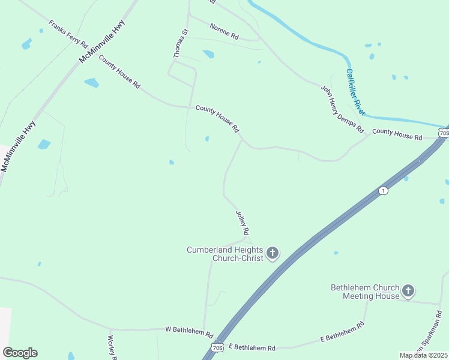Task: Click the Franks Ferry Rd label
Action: click(68, 35)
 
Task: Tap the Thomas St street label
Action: click(181, 43)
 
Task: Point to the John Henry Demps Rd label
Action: click(342, 109)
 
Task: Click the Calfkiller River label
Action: click(355, 91)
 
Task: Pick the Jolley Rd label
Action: click(243, 223)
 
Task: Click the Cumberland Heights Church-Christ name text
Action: click(225, 254)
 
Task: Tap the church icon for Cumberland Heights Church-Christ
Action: click(273, 253)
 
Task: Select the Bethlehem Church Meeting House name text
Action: click(365, 292)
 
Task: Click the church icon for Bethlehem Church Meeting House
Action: click(408, 292)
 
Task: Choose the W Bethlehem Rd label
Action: click(189, 331)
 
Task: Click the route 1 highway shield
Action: click(382, 190)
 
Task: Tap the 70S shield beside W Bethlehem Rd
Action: click(217, 347)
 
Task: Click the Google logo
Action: click(20, 353)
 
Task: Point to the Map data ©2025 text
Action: click(424, 355)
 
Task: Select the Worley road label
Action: click(111, 347)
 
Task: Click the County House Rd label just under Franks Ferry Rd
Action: click(119, 72)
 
